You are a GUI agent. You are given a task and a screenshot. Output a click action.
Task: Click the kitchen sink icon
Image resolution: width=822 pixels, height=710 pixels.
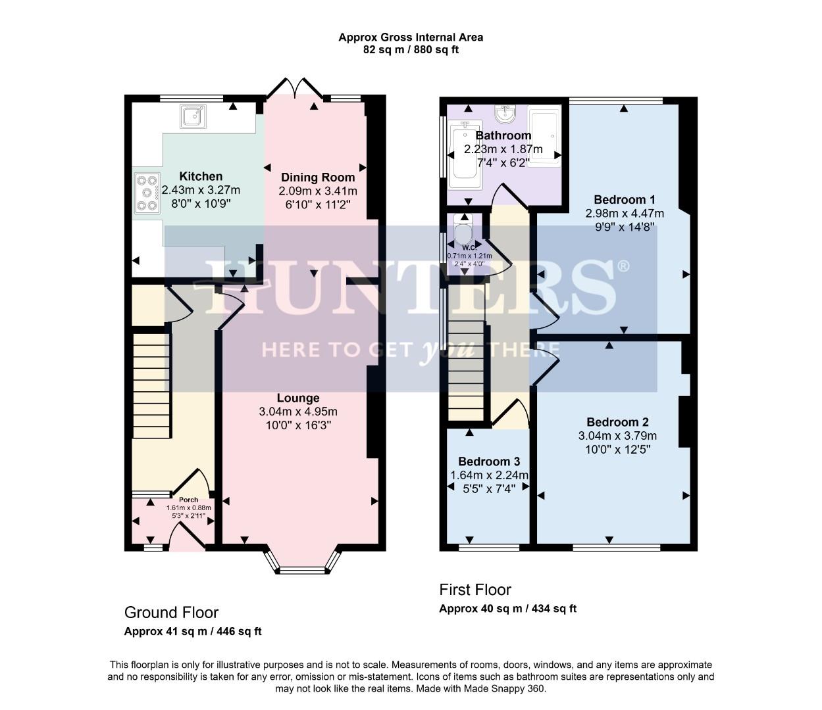coord(193,117)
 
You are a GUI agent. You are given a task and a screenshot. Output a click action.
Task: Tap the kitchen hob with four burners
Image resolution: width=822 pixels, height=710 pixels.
coord(147,193)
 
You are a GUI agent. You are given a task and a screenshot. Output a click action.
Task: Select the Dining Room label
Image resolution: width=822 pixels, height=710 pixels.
coord(318,177)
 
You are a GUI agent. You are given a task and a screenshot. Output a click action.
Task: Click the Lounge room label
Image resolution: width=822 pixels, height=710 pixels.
coord(298,398)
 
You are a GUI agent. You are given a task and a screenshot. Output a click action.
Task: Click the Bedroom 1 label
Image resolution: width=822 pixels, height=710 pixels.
coord(624,200)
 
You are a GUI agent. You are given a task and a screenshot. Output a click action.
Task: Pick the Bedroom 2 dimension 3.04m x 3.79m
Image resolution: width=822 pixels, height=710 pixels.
coord(617,436)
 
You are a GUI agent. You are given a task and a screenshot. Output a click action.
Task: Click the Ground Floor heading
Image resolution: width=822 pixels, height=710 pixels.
coord(171,613)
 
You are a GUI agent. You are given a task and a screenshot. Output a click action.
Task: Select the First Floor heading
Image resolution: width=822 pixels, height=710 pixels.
coord(475,590)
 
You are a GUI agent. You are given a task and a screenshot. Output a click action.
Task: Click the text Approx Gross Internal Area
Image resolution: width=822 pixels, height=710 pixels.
coord(411,37)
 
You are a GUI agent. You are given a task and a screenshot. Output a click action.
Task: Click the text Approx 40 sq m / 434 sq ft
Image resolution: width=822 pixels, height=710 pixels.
coord(507,609)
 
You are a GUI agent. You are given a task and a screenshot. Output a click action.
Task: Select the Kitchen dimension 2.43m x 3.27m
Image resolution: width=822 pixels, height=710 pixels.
coord(201,191)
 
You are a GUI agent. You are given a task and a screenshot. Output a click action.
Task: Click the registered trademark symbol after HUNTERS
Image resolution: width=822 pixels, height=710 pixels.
coord(623,266)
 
